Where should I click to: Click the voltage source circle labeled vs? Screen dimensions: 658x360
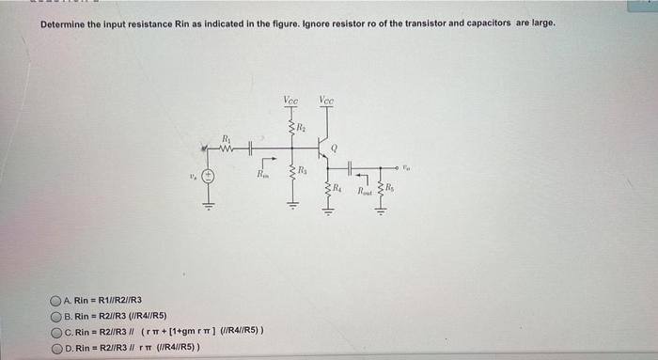pyautogui.click(x=211, y=177)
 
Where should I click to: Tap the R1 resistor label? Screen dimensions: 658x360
pyautogui.click(x=225, y=138)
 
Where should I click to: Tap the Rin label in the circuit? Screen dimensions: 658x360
pyautogui.click(x=262, y=174)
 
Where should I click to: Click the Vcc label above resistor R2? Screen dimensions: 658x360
pyautogui.click(x=290, y=100)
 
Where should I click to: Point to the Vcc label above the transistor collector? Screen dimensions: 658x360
pyautogui.click(x=325, y=100)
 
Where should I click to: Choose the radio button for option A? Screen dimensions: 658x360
pyautogui.click(x=57, y=302)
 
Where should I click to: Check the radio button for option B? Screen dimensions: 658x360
pyautogui.click(x=57, y=316)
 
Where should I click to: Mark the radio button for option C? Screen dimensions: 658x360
pyautogui.click(x=57, y=331)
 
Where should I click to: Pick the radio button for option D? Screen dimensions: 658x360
pyautogui.click(x=57, y=346)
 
